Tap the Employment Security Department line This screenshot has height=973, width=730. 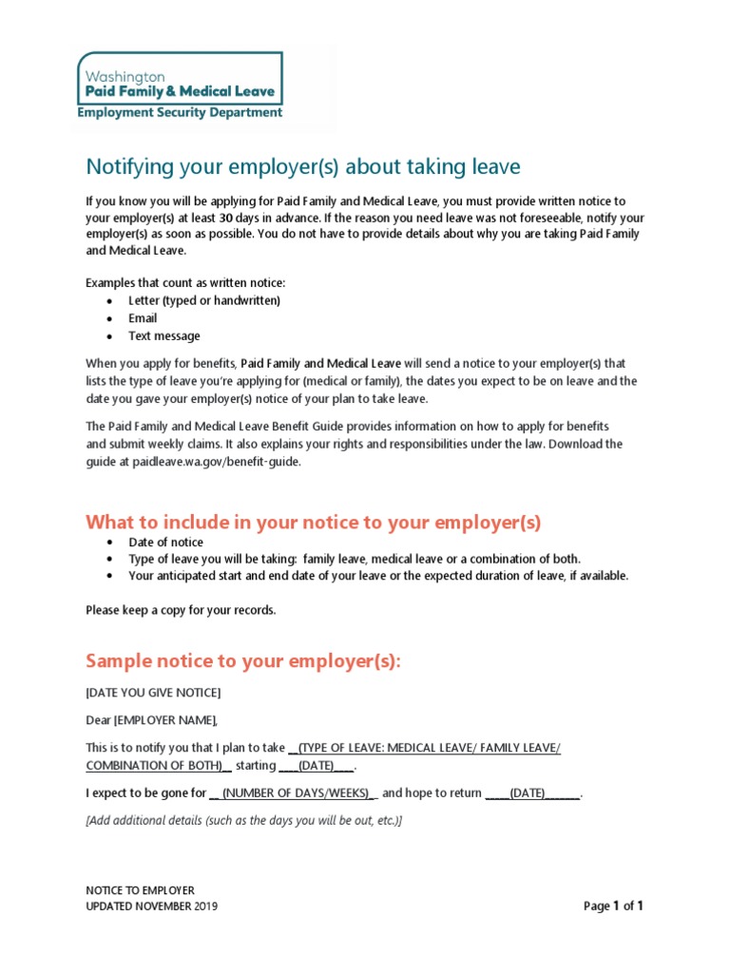tap(180, 112)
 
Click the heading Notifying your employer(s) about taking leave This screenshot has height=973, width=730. tap(303, 167)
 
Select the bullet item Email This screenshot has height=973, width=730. tap(143, 318)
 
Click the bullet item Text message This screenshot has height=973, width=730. tap(164, 335)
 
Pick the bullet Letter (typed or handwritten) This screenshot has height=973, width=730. tap(204, 300)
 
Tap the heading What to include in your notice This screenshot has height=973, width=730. tap(313, 522)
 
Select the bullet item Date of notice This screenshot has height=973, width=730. tap(165, 543)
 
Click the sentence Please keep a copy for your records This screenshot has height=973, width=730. tap(181, 610)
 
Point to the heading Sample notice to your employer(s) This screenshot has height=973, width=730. tap(243, 661)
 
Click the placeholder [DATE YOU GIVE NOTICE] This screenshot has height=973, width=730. tap(153, 692)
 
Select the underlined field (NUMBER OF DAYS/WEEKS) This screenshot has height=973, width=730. tap(298, 792)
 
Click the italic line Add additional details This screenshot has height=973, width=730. tap(244, 820)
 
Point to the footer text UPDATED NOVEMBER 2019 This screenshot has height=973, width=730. tap(152, 906)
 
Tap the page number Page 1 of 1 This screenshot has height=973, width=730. tap(614, 906)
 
